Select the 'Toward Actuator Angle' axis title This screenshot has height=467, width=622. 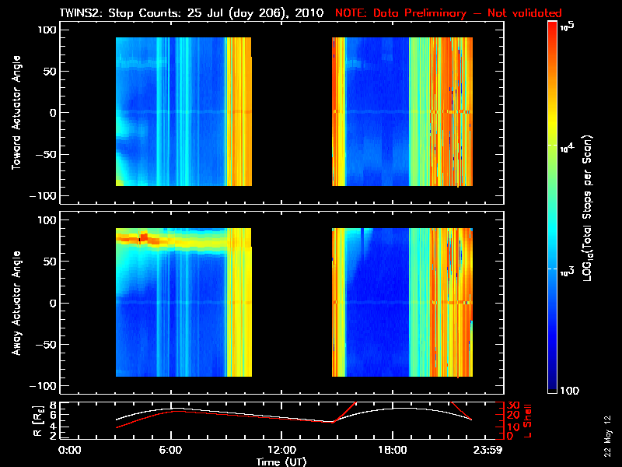15,113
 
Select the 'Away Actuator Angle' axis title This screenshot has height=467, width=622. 15,303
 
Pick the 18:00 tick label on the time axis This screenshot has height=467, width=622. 392,450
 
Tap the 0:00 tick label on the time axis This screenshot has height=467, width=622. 70,450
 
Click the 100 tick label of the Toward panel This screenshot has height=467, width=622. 47,30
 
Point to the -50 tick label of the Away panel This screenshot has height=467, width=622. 44,344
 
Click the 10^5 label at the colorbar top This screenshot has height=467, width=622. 567,26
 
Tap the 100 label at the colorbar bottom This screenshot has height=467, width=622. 569,389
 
